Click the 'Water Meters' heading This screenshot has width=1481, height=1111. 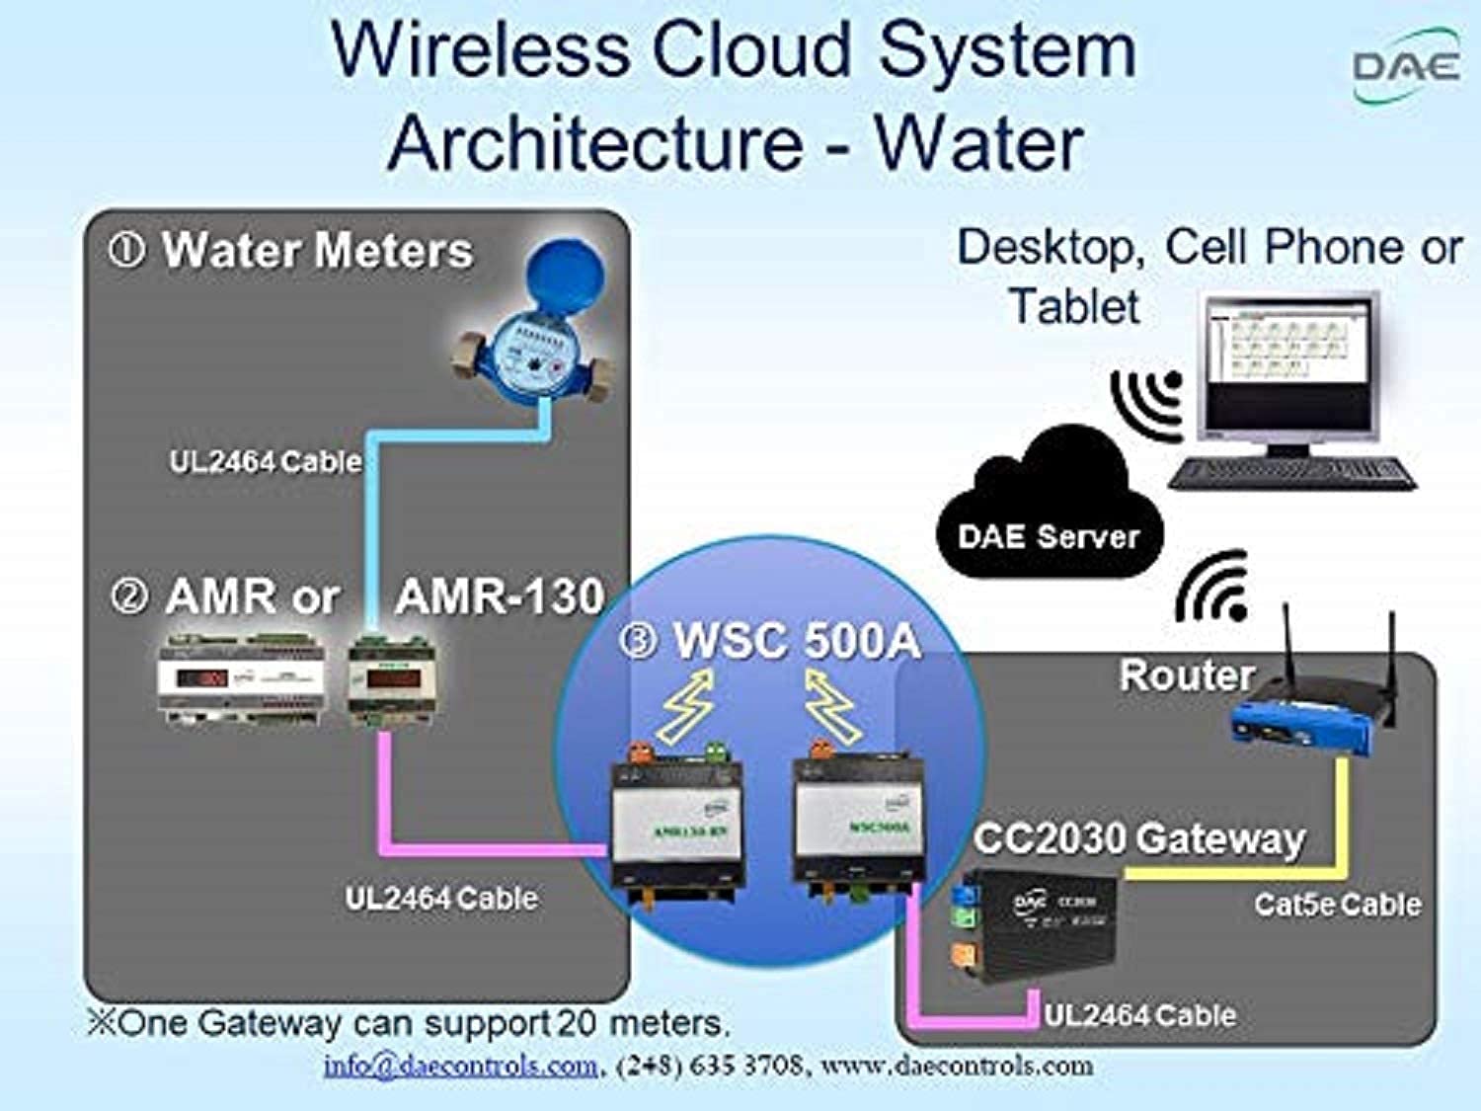(x=317, y=251)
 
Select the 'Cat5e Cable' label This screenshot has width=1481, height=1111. (x=1338, y=905)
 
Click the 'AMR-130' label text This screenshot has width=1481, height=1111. (x=500, y=596)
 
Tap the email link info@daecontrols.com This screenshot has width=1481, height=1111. (x=460, y=1067)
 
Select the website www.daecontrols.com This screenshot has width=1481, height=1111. (x=956, y=1067)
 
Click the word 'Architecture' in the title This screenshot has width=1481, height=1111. (x=594, y=143)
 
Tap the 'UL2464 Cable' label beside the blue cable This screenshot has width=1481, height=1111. (x=265, y=461)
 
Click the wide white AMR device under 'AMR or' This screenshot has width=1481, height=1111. (x=241, y=679)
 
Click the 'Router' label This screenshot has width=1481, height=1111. (x=1186, y=675)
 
